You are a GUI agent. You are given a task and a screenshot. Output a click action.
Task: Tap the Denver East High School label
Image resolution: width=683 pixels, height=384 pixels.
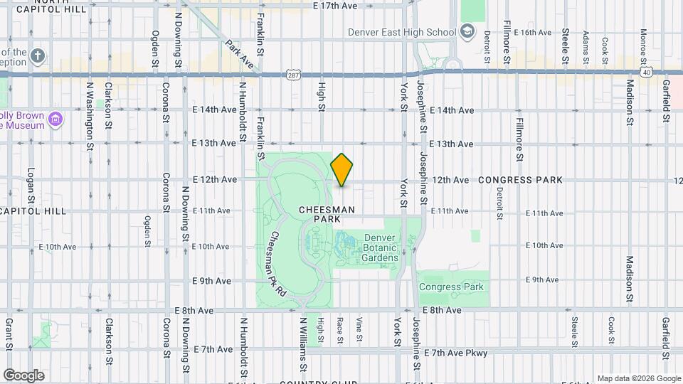[401, 32]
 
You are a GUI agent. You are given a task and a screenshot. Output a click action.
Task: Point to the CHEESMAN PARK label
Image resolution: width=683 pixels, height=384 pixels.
[326, 215]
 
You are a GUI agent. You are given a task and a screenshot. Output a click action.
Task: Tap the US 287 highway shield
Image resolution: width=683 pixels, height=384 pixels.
[293, 74]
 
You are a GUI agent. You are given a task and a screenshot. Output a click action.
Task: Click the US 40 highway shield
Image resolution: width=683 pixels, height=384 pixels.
[645, 72]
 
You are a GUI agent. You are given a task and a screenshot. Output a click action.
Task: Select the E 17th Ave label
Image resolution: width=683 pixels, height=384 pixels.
[334, 6]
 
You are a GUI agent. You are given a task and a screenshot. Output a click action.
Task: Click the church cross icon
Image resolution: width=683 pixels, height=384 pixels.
[38, 54]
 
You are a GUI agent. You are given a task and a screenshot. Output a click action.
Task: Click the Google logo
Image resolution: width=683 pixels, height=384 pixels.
[23, 375]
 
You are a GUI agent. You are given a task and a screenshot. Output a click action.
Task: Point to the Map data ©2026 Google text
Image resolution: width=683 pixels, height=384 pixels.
[637, 378]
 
